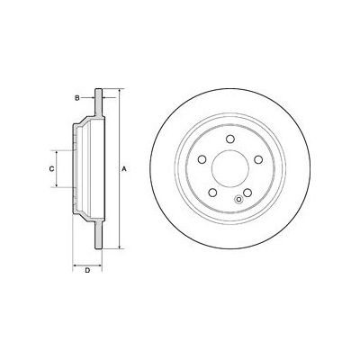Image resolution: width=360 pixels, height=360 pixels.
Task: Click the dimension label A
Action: [124, 169]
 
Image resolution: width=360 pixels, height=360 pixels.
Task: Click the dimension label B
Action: [77, 98]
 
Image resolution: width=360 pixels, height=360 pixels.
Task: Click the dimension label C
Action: [51, 169]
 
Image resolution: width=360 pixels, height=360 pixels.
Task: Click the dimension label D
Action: [87, 271]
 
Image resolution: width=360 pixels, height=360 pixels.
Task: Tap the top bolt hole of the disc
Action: [230, 139]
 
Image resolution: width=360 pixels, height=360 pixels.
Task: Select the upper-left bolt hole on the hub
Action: [202, 159]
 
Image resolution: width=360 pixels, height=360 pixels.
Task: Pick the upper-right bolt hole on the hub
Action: [258, 159]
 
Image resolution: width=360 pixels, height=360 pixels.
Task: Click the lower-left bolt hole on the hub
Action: [213, 193]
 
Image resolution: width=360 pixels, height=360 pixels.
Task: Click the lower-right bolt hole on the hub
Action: [247, 193]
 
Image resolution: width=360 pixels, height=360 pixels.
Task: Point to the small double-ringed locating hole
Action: [239, 199]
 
